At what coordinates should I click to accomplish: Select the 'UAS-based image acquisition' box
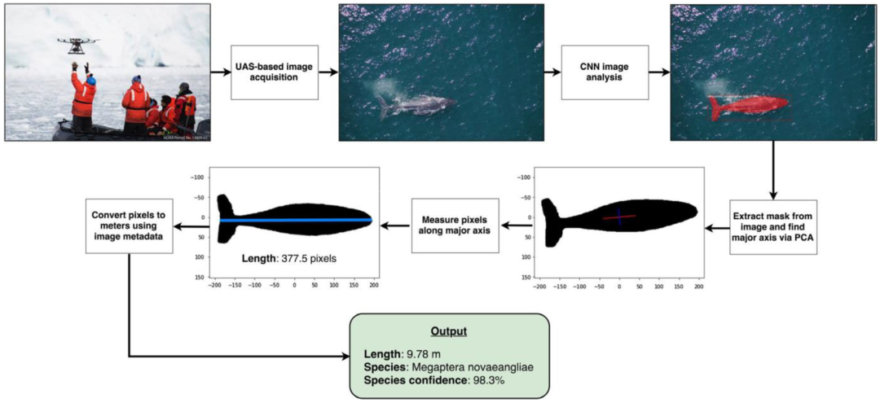pos(272,72)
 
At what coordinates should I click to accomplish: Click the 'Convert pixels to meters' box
pos(129,225)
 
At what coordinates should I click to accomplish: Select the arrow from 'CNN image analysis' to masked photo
pos(656,72)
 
